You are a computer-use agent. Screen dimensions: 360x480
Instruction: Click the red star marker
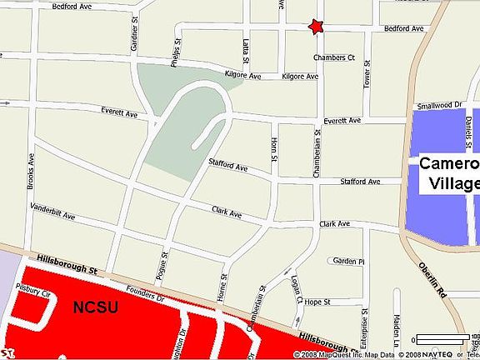315,27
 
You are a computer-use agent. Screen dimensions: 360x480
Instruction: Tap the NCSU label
96,307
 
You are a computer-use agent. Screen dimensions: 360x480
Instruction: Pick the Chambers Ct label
334,58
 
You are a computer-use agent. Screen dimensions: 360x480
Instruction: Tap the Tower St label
366,77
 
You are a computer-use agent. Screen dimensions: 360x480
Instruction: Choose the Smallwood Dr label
439,105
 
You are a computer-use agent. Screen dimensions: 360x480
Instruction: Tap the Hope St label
317,301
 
